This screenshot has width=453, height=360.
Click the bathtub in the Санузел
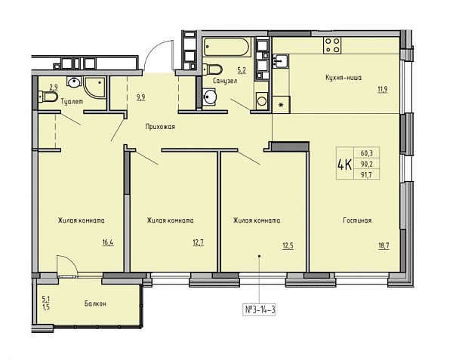coord(226,47)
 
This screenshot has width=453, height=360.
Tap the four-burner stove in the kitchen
coord(332,45)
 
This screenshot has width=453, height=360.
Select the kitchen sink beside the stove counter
coord(280,61)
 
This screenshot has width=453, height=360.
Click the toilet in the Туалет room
coord(48,97)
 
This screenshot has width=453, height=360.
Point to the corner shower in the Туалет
coord(94,87)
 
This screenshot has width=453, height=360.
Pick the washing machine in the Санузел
coord(262,100)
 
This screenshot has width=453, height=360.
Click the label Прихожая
coord(160,127)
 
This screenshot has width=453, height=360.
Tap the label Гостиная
coord(357,220)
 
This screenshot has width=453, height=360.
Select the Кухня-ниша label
coord(344,78)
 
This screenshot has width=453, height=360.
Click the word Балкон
coord(95,303)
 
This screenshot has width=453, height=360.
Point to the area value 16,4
coord(108,242)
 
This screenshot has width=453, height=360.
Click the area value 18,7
coord(384,246)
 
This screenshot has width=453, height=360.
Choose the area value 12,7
coord(198,242)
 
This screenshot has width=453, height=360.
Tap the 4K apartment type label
coord(344,165)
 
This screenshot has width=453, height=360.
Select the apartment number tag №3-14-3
coord(260,310)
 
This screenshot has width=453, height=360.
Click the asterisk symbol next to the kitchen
coord(281,105)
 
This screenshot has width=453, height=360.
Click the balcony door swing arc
coord(70,264)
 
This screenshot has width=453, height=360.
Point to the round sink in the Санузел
coord(209,97)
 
